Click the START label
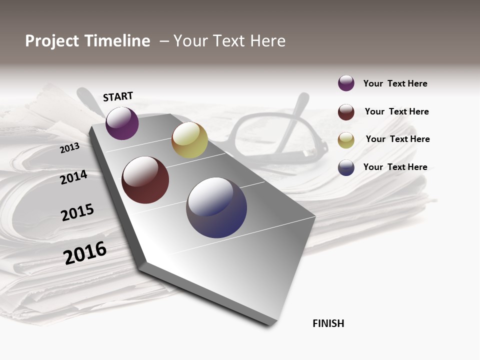(118, 96)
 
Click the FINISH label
(328, 323)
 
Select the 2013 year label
(70, 148)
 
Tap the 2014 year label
(74, 177)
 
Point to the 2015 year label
(77, 212)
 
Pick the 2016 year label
(85, 252)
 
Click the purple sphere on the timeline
(122, 123)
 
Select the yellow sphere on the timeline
(189, 140)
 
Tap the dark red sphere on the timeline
(145, 180)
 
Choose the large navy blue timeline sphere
(216, 207)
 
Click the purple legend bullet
(346, 83)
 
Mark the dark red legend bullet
(346, 112)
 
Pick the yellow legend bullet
(346, 140)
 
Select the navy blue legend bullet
(346, 167)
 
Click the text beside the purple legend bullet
(395, 83)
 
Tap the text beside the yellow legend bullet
(397, 139)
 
